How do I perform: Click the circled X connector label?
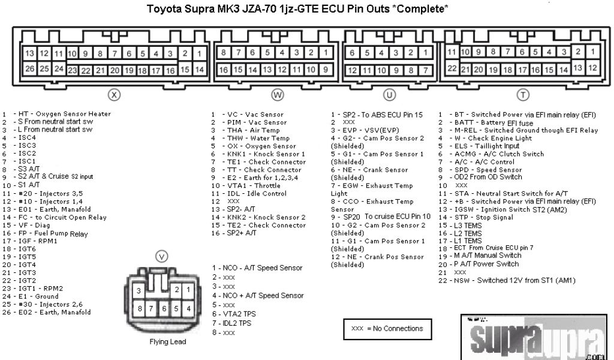(113, 94)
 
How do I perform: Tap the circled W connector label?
(277, 94)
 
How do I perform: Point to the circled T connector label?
(523, 94)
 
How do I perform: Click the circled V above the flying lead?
(162, 256)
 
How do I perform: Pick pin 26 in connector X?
(30, 68)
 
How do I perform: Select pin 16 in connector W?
(223, 69)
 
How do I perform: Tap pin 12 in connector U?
(354, 70)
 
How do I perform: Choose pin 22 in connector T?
(453, 68)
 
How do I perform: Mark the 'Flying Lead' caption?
(168, 342)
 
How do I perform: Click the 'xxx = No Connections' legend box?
(387, 329)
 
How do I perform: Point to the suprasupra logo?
(535, 338)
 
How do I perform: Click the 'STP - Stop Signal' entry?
(480, 217)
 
